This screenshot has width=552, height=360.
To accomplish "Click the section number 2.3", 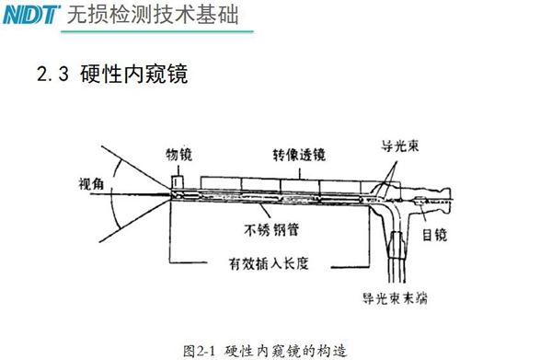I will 52,75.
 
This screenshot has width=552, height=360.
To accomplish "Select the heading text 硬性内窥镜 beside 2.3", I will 134,75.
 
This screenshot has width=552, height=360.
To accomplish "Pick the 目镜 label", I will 433,236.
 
